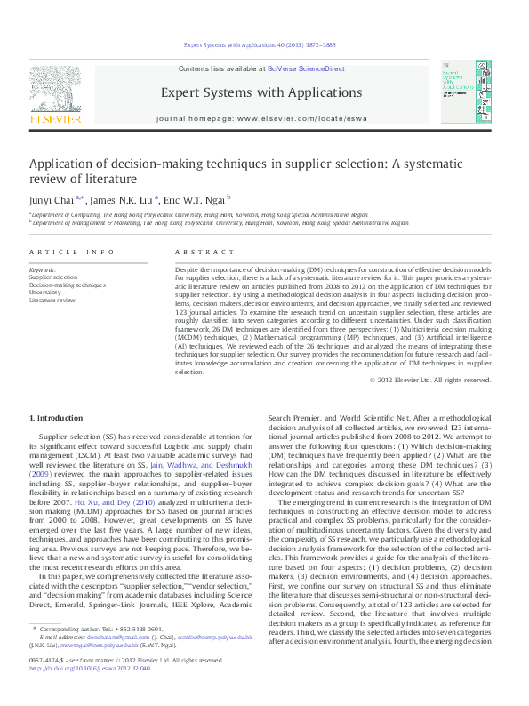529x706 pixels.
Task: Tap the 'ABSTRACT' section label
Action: (196, 253)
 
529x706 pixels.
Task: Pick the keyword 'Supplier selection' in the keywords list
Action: (53, 277)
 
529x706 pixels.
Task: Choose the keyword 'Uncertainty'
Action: (45, 293)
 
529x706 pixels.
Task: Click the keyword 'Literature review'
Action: (52, 300)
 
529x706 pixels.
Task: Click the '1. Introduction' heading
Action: (57, 417)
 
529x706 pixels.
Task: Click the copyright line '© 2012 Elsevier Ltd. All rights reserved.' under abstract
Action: (429, 380)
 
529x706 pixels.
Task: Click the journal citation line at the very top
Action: (264, 44)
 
